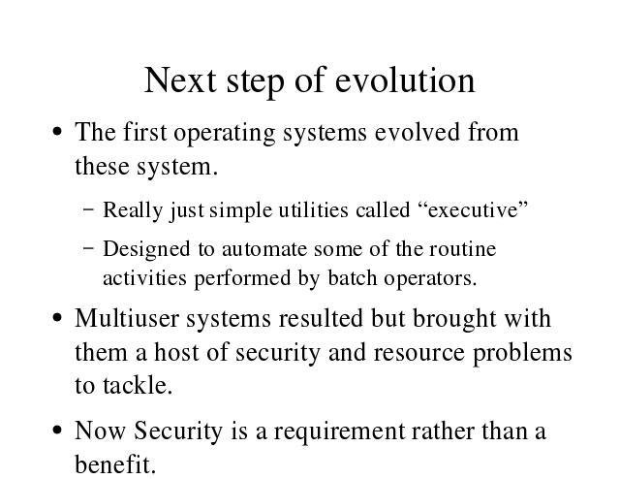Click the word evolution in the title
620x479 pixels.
tap(405, 80)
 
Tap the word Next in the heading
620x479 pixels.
tap(180, 80)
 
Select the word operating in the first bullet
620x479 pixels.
tap(224, 133)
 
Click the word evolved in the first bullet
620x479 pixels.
tap(418, 132)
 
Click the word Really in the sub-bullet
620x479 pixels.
tap(133, 210)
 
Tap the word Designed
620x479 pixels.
tap(146, 250)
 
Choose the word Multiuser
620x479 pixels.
tap(127, 318)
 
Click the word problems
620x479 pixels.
tap(522, 353)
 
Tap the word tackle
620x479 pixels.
tap(138, 385)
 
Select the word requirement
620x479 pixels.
tap(339, 431)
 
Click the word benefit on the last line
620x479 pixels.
tap(115, 463)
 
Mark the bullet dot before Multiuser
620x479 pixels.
tap(57, 317)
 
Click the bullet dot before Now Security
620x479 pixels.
tap(57, 430)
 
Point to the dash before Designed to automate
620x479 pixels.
tap(89, 248)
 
